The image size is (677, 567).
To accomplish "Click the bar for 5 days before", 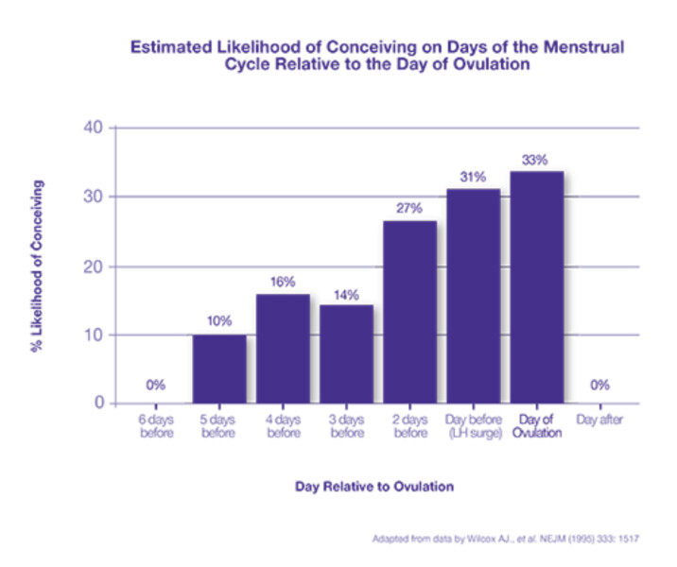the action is (219, 369).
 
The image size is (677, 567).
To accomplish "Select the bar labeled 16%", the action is (283, 349).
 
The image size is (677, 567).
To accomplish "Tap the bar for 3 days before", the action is (346, 354).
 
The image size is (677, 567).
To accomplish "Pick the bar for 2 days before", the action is (409, 313).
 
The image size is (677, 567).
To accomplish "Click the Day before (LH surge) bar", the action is (473, 297).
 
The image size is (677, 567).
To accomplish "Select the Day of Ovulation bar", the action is (537, 288).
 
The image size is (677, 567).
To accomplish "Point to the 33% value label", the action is (534, 160).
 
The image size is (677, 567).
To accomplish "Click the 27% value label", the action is (408, 209).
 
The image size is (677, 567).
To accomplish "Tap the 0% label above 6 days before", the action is (155, 385).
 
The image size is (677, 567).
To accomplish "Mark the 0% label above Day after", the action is (599, 385).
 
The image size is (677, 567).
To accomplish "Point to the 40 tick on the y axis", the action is (93, 128).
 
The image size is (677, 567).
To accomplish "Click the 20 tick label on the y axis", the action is (93, 267).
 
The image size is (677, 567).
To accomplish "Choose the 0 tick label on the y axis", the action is (99, 403).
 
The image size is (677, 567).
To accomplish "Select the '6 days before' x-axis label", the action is (156, 426).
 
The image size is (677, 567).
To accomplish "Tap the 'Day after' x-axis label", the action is (599, 420).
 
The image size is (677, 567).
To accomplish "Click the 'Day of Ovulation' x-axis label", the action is (537, 426).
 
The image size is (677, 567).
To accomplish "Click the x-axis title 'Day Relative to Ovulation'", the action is (374, 487).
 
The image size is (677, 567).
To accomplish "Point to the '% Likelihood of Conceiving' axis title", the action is (37, 266).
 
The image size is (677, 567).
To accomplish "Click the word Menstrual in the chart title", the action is (583, 46).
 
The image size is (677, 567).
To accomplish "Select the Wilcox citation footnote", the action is (506, 539).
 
